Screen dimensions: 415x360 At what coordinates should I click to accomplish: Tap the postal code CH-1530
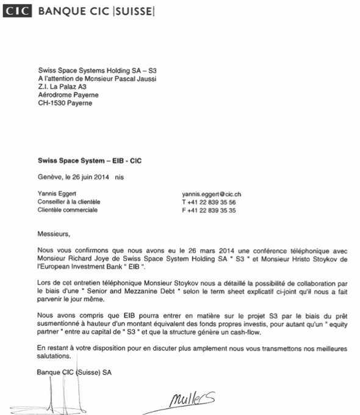(x=53, y=103)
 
